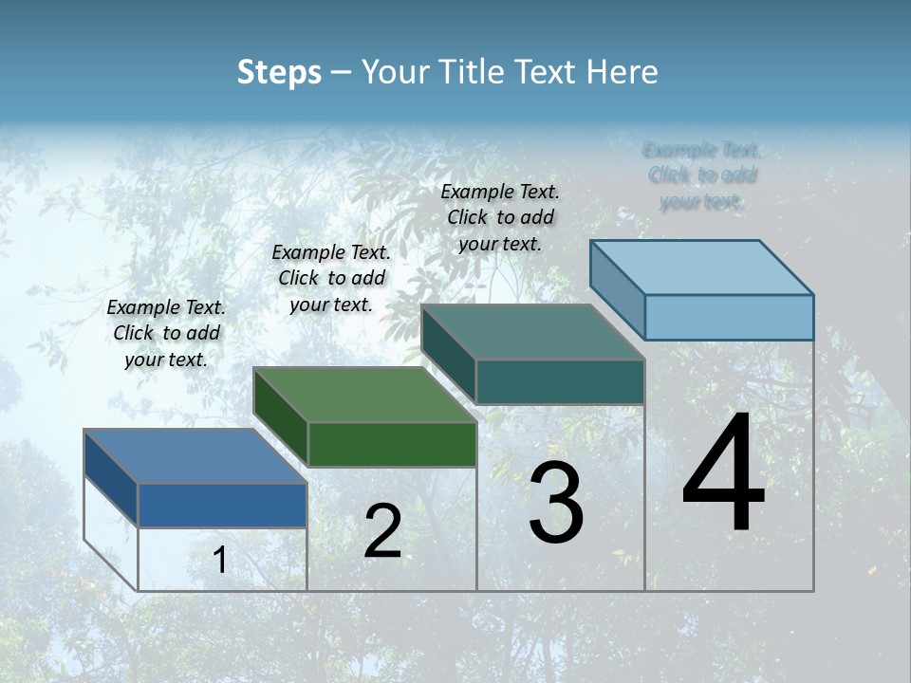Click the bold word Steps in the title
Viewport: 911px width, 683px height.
point(279,72)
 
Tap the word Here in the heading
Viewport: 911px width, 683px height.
point(623,72)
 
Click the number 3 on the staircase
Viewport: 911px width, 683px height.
point(556,503)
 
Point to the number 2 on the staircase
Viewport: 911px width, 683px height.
point(382,531)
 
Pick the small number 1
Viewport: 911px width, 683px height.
point(220,560)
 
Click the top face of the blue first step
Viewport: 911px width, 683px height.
point(195,456)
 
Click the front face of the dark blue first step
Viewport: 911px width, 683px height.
point(222,505)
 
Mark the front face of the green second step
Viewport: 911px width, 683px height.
point(392,444)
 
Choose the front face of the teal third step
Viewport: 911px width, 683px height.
point(560,381)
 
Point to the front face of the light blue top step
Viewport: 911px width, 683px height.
point(729,317)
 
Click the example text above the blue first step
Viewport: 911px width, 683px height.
point(166,333)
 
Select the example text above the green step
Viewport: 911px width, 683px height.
point(331,278)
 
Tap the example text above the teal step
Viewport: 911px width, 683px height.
point(500,217)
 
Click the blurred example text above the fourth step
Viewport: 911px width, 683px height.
point(702,175)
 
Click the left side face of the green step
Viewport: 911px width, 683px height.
point(281,415)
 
